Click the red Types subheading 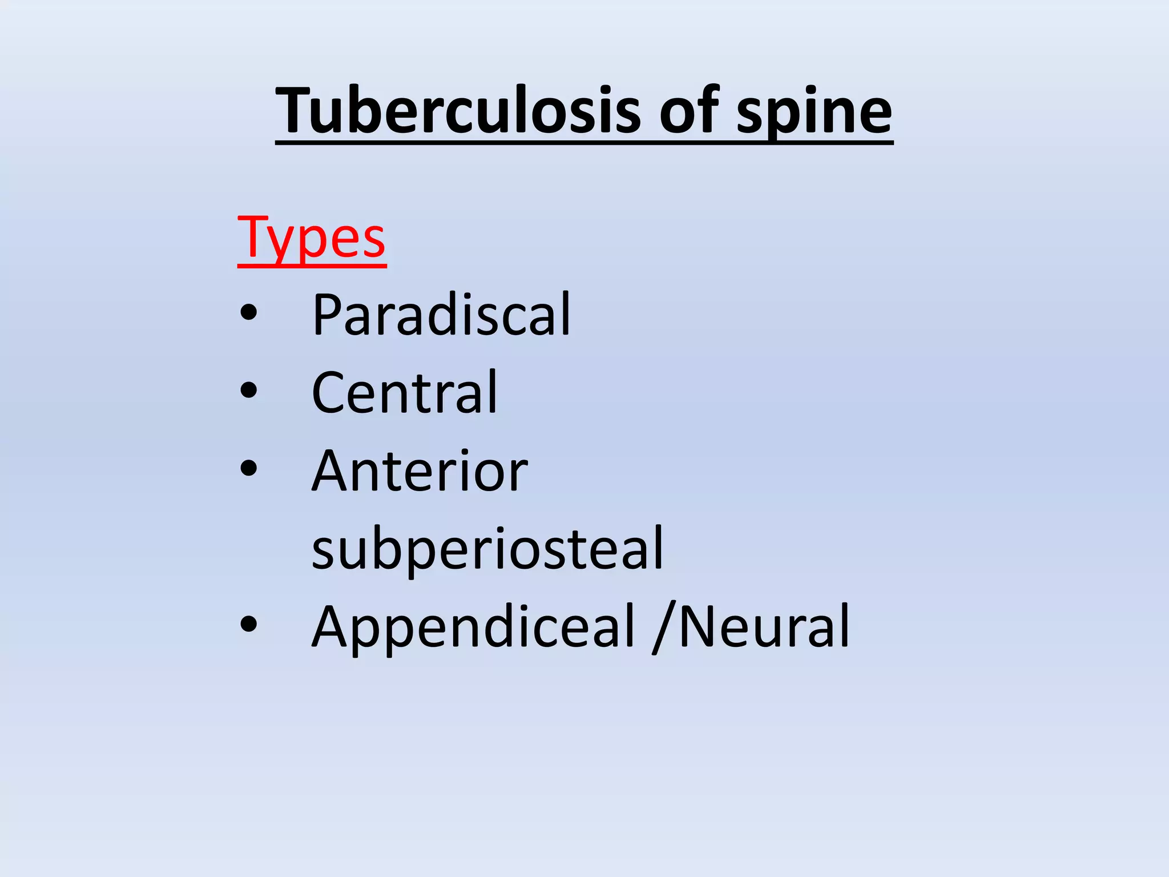pos(312,239)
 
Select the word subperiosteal pos(487,548)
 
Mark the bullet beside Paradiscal pos(249,313)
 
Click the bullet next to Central pos(249,391)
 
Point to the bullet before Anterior pos(249,468)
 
